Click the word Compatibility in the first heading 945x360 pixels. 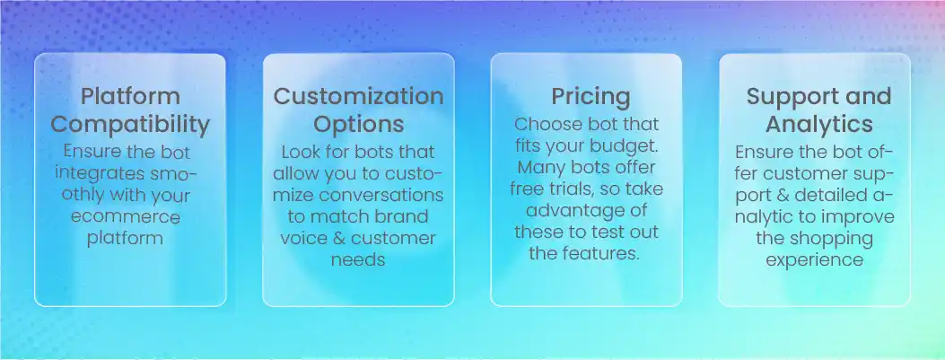tap(130, 123)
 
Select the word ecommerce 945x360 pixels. tap(130, 217)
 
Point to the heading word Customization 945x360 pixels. tap(358, 97)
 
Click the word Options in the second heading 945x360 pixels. tap(358, 123)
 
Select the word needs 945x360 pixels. tap(358, 260)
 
